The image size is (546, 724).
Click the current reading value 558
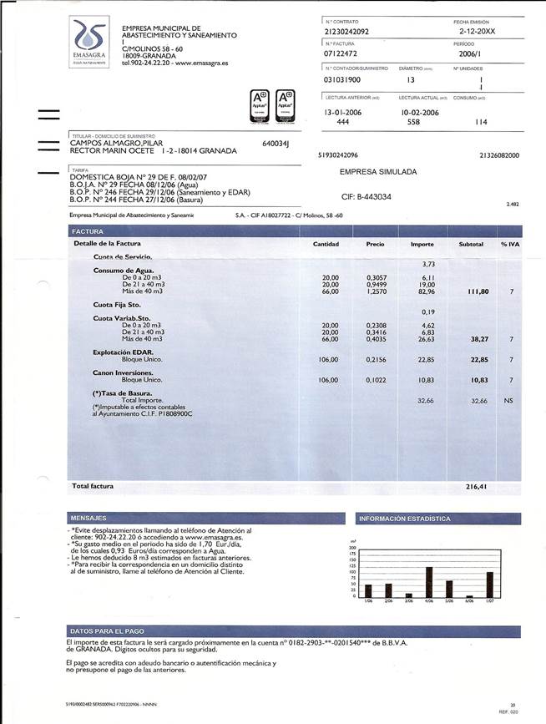coord(412,121)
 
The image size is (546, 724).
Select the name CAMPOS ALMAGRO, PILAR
coord(116,144)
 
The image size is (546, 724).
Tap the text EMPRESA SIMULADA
coord(378,171)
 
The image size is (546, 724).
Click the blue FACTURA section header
coord(88,231)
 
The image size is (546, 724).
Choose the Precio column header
coord(375,244)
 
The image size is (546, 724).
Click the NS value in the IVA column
coord(508,401)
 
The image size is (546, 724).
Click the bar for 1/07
coord(490,584)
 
